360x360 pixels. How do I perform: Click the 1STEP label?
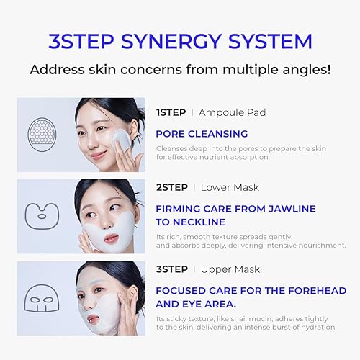click(x=171, y=112)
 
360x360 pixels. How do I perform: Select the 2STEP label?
click(x=171, y=187)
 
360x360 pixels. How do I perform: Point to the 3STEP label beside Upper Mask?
click(x=171, y=269)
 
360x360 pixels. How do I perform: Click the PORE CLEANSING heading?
click(x=202, y=133)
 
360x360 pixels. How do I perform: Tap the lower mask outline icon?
click(x=42, y=214)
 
